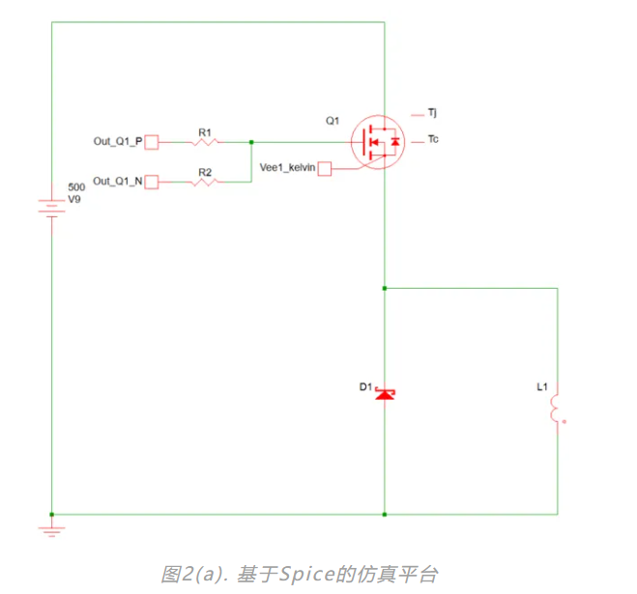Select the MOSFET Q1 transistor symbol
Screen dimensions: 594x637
pyautogui.click(x=375, y=143)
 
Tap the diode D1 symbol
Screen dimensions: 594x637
pyautogui.click(x=385, y=394)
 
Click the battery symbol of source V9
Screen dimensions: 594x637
pyautogui.click(x=50, y=207)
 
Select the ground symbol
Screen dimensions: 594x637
pyautogui.click(x=50, y=528)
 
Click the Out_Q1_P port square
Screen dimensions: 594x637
pyautogui.click(x=152, y=142)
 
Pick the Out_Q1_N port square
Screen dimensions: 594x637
pyautogui.click(x=152, y=181)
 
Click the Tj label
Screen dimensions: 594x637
pyautogui.click(x=433, y=113)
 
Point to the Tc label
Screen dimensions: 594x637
pyautogui.click(x=433, y=141)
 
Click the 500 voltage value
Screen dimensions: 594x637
pyautogui.click(x=75, y=185)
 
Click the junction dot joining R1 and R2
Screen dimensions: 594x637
pyautogui.click(x=251, y=142)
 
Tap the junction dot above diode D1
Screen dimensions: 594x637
pyautogui.click(x=385, y=288)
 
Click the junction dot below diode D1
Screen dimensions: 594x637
pyautogui.click(x=385, y=514)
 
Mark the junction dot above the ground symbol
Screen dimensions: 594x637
pyautogui.click(x=51, y=514)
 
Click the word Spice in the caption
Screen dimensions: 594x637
pyautogui.click(x=301, y=574)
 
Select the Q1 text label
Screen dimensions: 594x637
pyautogui.click(x=333, y=121)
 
